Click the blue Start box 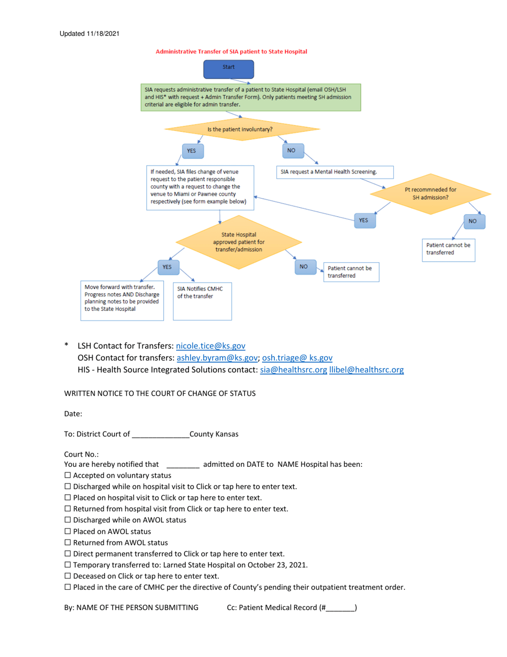tap(229, 68)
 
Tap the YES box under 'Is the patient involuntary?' tap(191, 152)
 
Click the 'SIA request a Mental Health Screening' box tap(335, 172)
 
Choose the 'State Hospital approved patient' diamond tap(238, 242)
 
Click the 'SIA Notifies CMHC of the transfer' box tap(202, 301)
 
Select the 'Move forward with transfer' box tap(122, 300)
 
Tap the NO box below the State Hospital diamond tap(303, 266)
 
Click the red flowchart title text tap(231, 52)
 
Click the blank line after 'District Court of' tap(160, 434)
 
